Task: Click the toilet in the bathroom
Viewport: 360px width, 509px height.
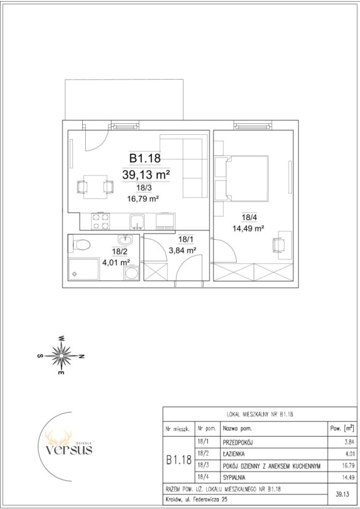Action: [x=80, y=245]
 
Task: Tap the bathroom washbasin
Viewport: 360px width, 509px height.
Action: [x=125, y=240]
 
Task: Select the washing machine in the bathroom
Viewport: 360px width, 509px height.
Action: [x=131, y=273]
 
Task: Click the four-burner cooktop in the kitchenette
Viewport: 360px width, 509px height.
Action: [x=101, y=221]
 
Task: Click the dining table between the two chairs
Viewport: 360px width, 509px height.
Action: [x=95, y=186]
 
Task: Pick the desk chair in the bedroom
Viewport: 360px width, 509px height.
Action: [x=278, y=245]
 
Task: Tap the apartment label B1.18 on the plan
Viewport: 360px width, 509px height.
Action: [x=145, y=158]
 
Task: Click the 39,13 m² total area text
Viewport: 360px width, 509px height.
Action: [x=146, y=175]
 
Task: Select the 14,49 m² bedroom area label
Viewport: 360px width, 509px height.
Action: [x=248, y=228]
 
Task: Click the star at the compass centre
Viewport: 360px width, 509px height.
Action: [x=61, y=356]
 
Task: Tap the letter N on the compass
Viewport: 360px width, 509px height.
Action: [x=82, y=356]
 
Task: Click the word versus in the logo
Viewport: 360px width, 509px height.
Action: [x=69, y=450]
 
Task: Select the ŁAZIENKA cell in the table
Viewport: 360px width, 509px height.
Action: [x=234, y=454]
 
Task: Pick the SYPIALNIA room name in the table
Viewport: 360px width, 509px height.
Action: [x=234, y=478]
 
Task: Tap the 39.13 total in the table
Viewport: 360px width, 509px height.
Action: [x=343, y=494]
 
